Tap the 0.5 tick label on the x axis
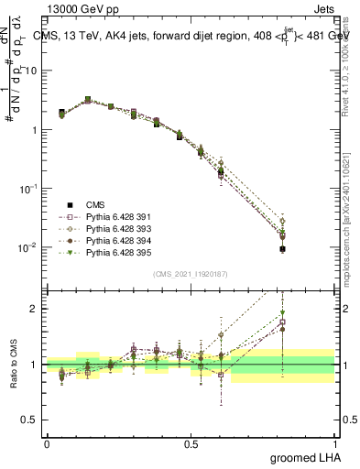click(191, 442)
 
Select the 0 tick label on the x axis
click(47, 442)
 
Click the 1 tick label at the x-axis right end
click(333, 442)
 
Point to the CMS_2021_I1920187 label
click(190, 274)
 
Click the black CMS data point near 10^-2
click(283, 248)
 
